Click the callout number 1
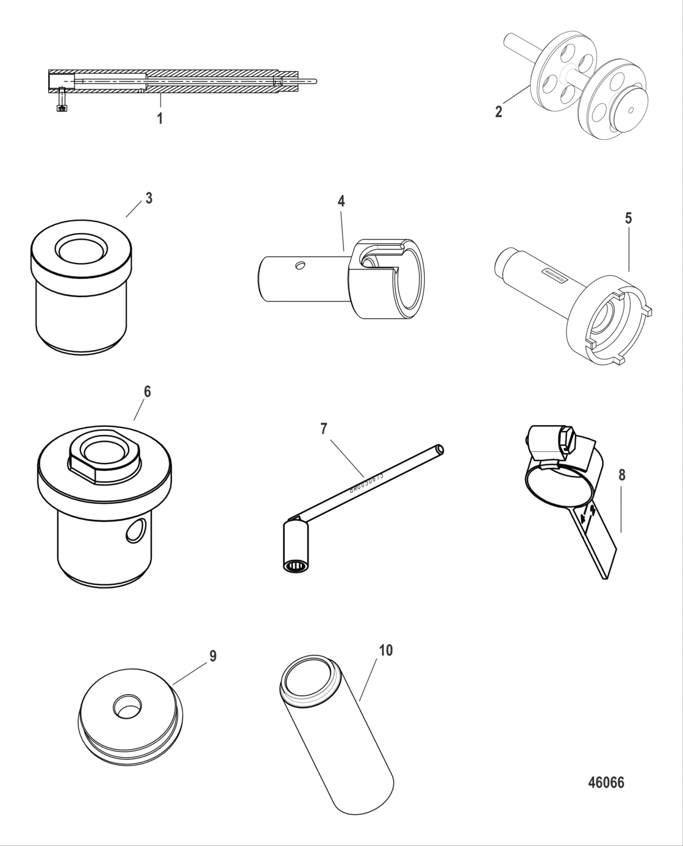160,118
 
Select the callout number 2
498,112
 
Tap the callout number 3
148,198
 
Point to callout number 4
342,201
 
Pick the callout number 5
628,218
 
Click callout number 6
147,391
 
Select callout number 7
324,429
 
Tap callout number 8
621,475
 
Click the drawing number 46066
606,783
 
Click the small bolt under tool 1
60,101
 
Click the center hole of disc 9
127,706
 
